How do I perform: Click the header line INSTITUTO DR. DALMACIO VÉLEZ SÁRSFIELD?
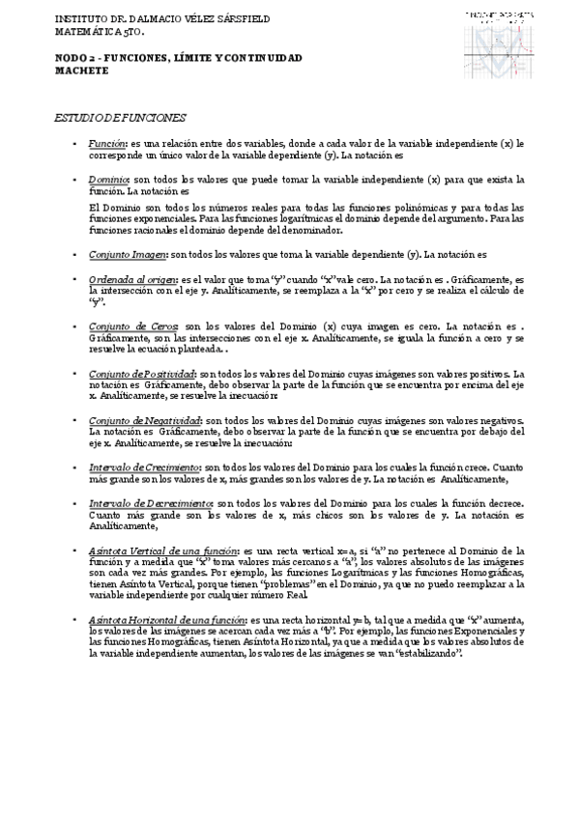tap(162, 18)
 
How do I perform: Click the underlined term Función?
tap(107, 143)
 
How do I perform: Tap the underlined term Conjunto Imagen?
tap(127, 254)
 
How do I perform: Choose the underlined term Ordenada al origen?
tap(124, 278)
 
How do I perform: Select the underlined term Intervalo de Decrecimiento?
tap(150, 504)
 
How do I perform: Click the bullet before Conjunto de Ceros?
tap(75, 326)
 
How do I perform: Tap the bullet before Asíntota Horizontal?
tap(75, 620)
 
